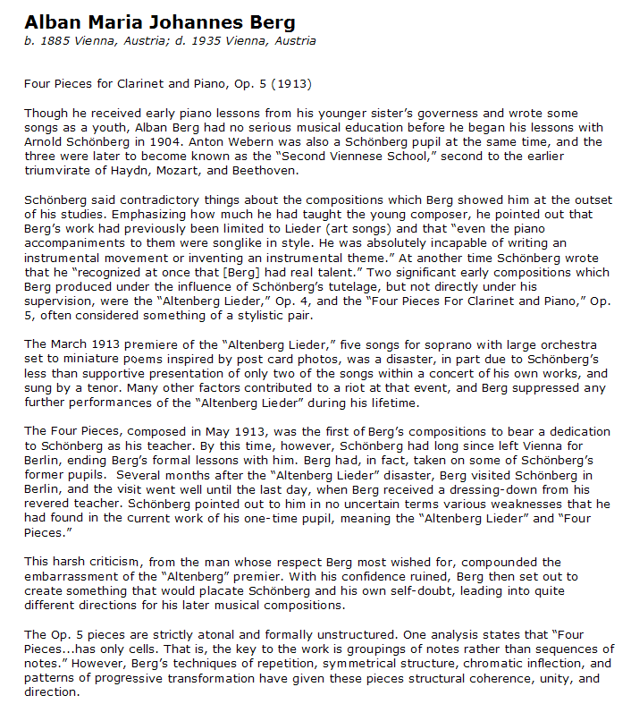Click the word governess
point(450,114)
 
